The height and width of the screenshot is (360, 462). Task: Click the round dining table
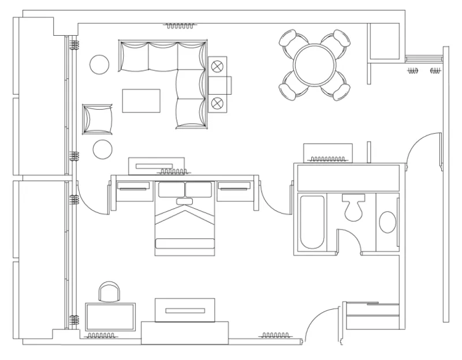[x=315, y=65]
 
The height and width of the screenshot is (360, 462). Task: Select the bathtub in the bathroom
[x=312, y=222]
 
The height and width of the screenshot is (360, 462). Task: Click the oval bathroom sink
[x=388, y=222]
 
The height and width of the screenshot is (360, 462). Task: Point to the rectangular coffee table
[x=141, y=100]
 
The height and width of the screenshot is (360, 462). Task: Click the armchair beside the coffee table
[x=98, y=119]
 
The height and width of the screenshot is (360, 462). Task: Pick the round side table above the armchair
[x=99, y=63]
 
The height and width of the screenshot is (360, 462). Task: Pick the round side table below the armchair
[x=103, y=149]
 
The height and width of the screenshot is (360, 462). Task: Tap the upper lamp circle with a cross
[x=218, y=66]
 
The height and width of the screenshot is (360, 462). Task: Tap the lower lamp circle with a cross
[x=218, y=103]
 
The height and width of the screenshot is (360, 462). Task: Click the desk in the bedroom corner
[x=110, y=317]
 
